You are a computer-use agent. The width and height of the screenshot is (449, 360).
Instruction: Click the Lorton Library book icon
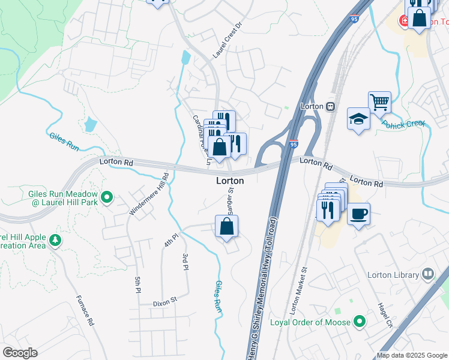pyautogui.click(x=428, y=274)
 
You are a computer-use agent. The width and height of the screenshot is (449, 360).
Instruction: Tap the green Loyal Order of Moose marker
pyautogui.click(x=360, y=322)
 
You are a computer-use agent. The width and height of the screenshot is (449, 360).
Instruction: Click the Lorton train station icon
pyautogui.click(x=330, y=106)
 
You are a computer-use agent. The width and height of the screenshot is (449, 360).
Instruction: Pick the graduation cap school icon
pyautogui.click(x=358, y=118)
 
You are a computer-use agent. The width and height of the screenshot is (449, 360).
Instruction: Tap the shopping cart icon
pyautogui.click(x=379, y=103)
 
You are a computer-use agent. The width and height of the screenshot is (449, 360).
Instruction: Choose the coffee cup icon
pyautogui.click(x=358, y=214)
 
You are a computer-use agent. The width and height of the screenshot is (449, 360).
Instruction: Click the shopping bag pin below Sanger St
pyautogui.click(x=226, y=226)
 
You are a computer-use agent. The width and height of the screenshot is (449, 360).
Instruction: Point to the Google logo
pyautogui.click(x=19, y=353)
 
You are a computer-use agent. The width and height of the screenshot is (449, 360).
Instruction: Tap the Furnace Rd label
pyautogui.click(x=85, y=310)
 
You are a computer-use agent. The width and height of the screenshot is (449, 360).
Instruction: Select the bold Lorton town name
pyautogui.click(x=230, y=181)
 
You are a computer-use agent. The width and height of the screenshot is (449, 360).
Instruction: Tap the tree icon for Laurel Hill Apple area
pyautogui.click(x=55, y=241)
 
